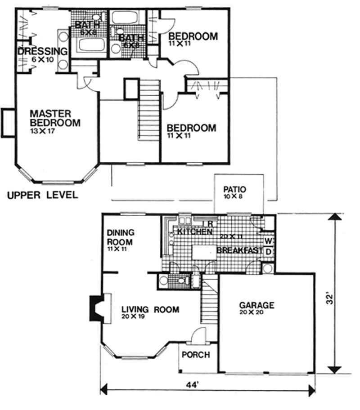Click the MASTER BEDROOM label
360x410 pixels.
55,117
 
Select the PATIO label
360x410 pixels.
236,189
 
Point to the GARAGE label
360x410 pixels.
256,306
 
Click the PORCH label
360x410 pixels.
195,355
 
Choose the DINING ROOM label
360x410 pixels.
121,236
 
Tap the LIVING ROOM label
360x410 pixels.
150,309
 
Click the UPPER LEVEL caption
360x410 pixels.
42,195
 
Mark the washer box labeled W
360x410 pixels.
268,241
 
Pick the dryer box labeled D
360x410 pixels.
268,251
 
